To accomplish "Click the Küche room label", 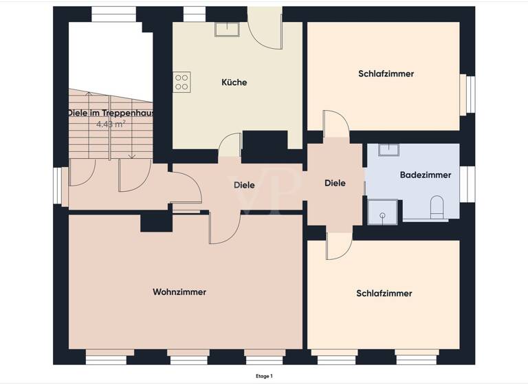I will tap(234, 82).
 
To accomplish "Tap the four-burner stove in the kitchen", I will tap(181, 82).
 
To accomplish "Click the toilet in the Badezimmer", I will tap(437, 207).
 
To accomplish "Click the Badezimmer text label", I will tap(426, 175).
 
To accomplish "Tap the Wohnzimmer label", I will tap(179, 292).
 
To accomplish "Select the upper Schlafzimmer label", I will tap(386, 74).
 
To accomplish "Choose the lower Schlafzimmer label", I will tap(384, 294).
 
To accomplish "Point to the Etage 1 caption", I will tap(263, 376).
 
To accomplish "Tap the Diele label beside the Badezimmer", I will tap(335, 184).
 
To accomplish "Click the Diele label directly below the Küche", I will tap(244, 185).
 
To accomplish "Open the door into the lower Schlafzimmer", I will tap(338, 245).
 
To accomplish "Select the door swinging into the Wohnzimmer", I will tap(224, 230).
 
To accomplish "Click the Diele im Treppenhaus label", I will tap(110, 113).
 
